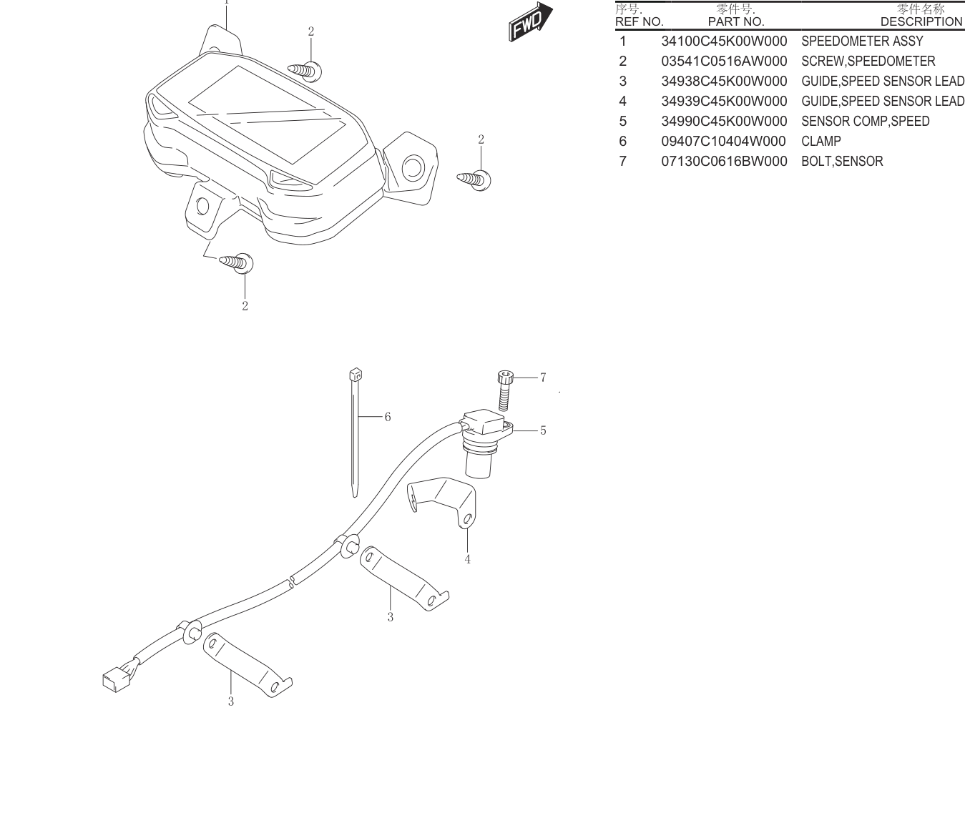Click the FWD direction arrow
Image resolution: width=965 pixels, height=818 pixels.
(530, 22)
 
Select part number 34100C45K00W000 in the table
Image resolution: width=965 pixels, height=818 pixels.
(724, 41)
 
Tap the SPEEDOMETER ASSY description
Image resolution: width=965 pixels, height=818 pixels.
(862, 41)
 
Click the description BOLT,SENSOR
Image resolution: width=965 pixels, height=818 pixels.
(842, 162)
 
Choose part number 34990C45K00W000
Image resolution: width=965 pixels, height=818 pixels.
(724, 122)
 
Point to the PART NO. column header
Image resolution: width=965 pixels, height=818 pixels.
(736, 22)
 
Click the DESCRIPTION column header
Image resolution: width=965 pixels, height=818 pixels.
(921, 22)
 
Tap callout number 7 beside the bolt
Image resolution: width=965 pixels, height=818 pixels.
(543, 377)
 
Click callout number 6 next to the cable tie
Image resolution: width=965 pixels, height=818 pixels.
(388, 417)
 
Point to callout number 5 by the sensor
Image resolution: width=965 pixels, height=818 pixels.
(543, 430)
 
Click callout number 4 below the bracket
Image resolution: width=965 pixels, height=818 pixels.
(467, 559)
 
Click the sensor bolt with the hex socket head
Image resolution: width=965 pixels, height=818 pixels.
(505, 390)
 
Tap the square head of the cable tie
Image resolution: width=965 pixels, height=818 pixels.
(356, 374)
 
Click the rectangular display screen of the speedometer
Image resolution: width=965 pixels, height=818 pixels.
(268, 115)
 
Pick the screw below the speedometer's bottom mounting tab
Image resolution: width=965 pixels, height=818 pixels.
(236, 262)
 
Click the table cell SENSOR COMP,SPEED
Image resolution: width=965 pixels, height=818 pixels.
(865, 122)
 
